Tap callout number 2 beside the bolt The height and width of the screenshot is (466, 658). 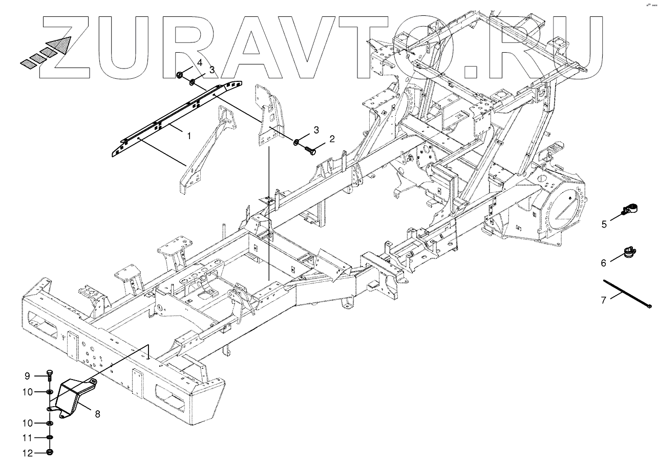[x=331, y=139]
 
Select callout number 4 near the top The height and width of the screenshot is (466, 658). [x=200, y=62]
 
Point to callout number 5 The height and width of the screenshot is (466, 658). [x=604, y=224]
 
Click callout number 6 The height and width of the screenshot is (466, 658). [x=604, y=263]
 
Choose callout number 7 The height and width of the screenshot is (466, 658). [x=604, y=300]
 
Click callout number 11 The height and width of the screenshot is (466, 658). [x=28, y=438]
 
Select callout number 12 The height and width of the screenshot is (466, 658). [x=28, y=453]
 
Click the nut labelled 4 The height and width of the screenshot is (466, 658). [x=180, y=76]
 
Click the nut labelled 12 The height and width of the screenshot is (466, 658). [x=50, y=453]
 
